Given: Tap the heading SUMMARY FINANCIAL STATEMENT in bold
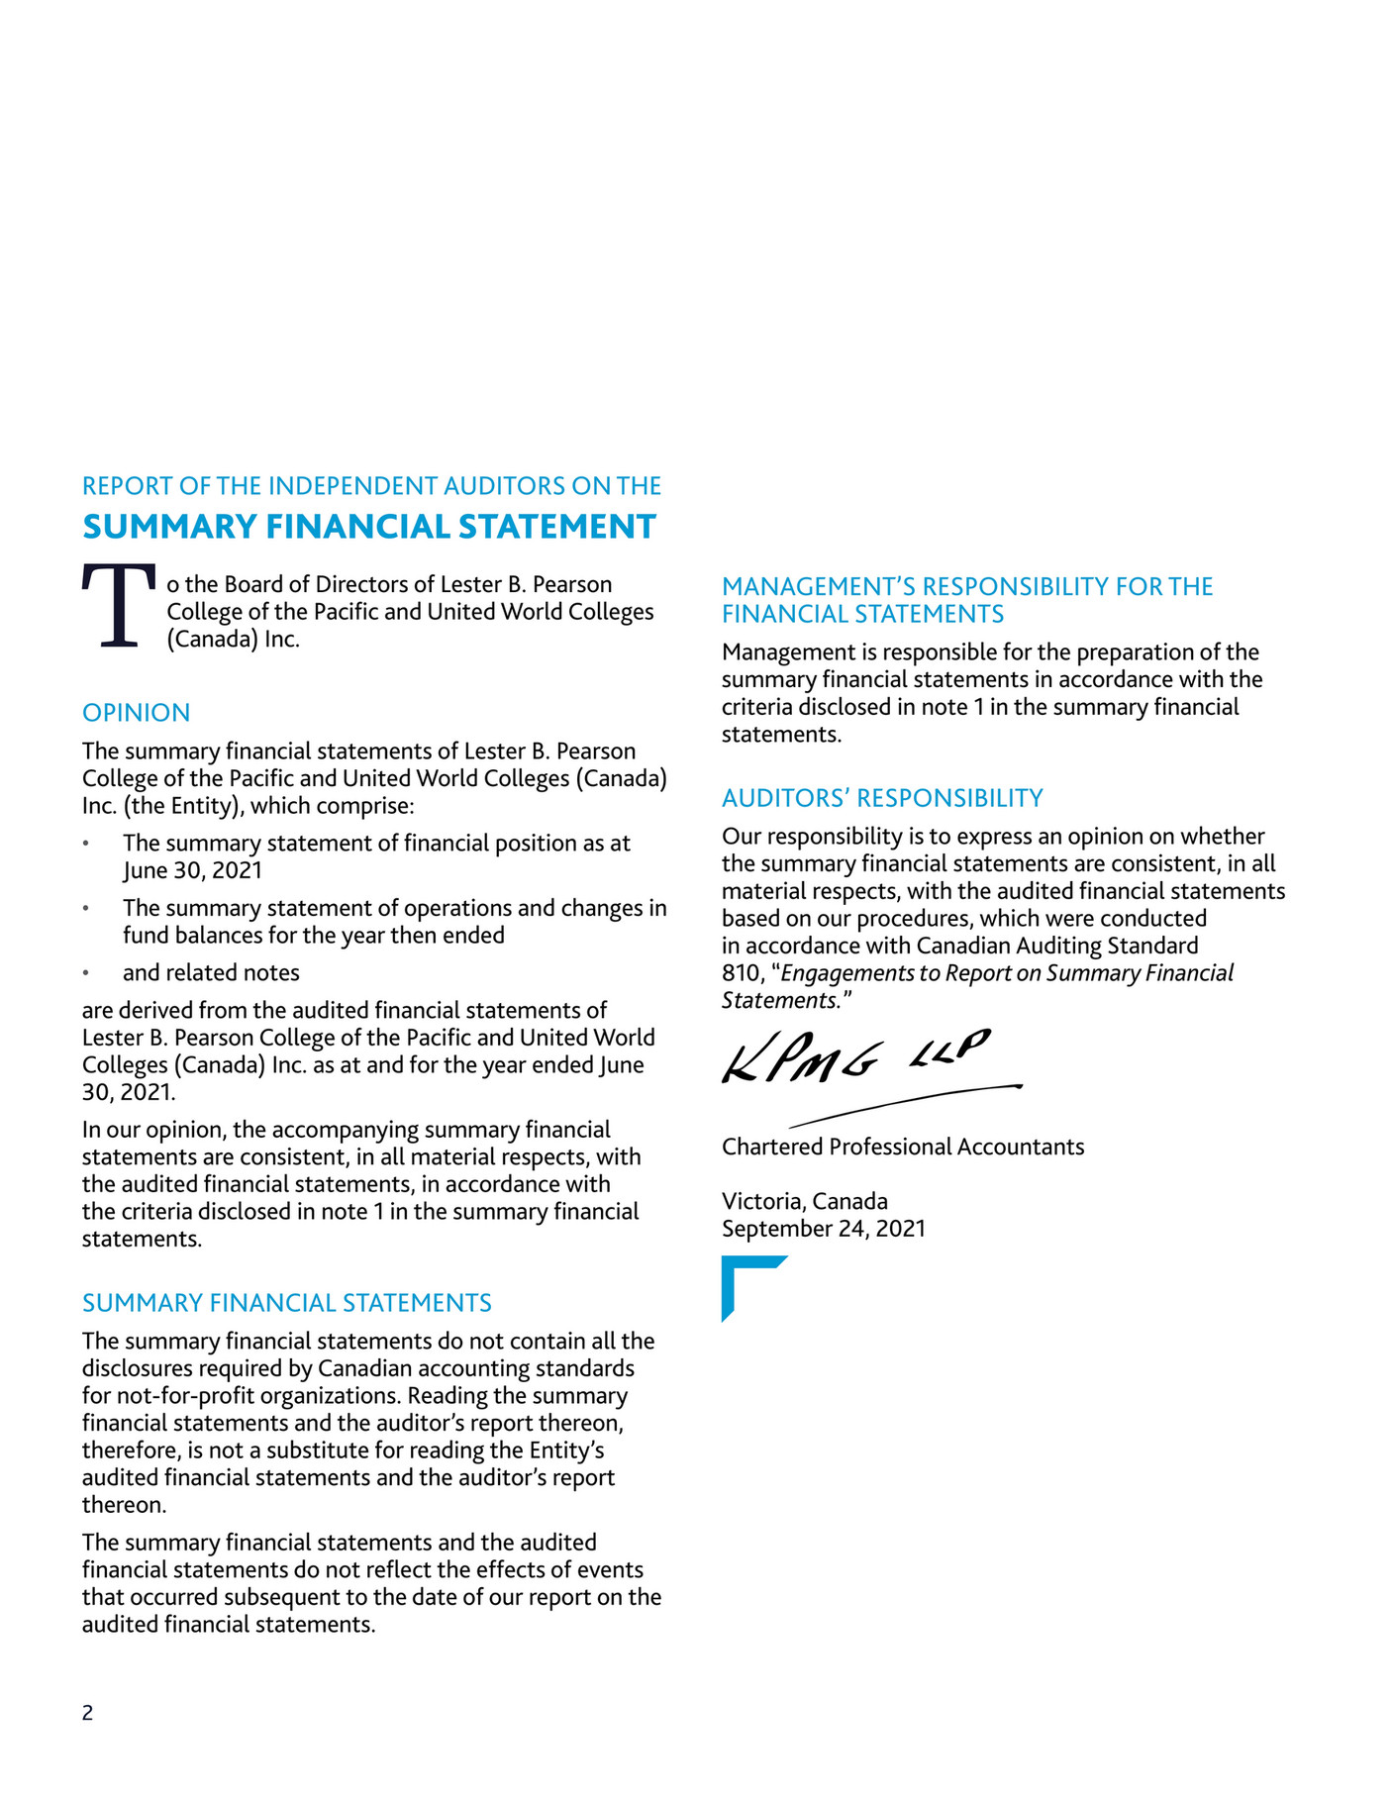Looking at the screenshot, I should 369,527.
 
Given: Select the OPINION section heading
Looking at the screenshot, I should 137,713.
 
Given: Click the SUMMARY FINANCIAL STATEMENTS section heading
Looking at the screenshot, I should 287,1303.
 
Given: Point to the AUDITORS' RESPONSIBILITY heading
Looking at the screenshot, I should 882,798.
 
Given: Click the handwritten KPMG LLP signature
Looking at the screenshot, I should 855,1056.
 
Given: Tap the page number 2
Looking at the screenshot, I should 88,1713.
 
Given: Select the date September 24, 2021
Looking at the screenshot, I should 824,1229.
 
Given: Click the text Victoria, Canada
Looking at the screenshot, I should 805,1201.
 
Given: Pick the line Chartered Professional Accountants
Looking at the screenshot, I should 903,1147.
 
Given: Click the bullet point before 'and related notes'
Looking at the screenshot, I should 87,973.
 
